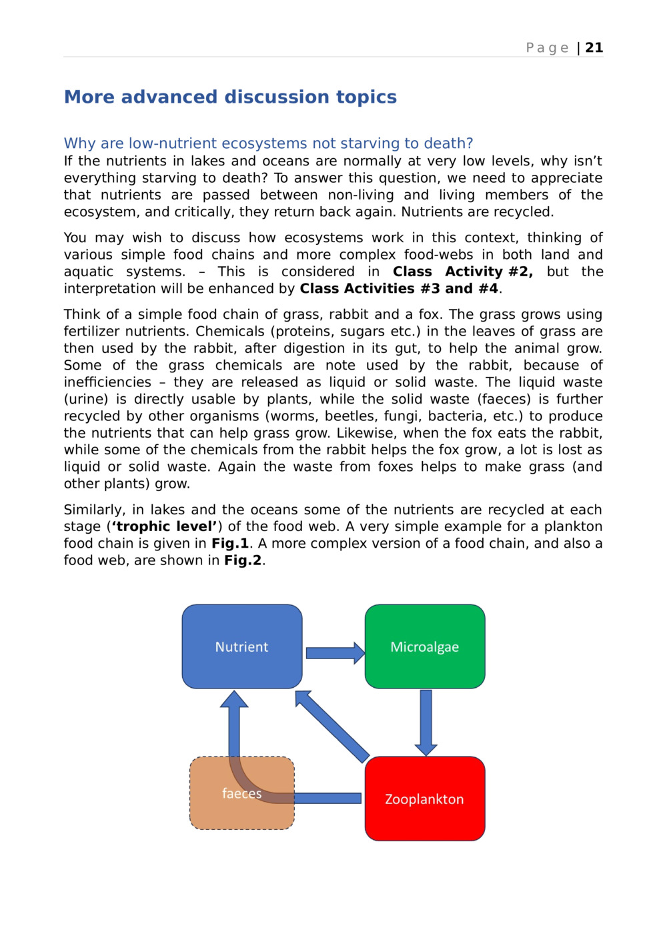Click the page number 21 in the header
(594, 47)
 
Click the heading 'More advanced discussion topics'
(230, 97)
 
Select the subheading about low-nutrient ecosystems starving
(268, 143)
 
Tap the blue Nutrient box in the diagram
(241, 646)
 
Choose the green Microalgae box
(424, 646)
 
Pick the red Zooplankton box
(424, 799)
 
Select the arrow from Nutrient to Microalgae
(334, 653)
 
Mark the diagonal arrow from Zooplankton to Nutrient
(332, 726)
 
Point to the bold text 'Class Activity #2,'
(462, 272)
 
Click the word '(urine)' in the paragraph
(85, 400)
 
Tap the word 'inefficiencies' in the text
(107, 382)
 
